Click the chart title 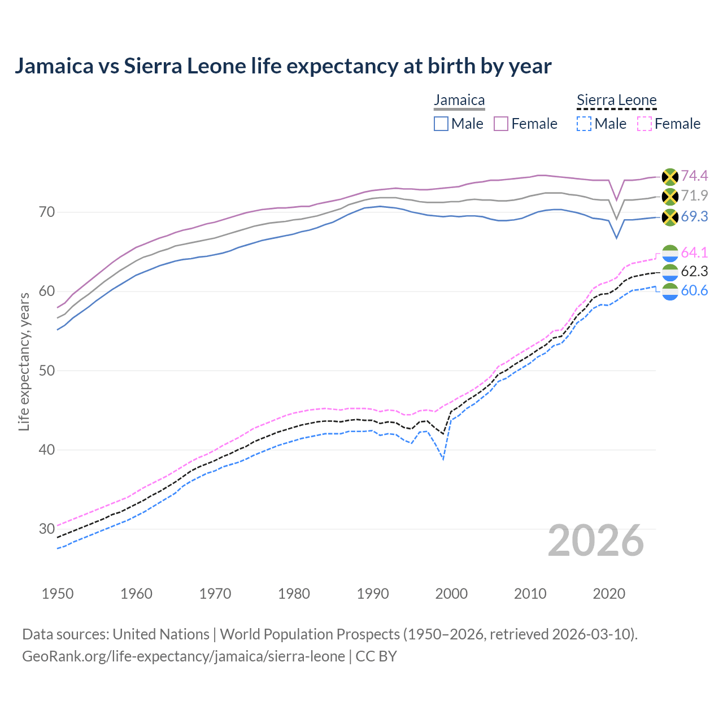pos(282,66)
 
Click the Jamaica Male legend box pos(441,124)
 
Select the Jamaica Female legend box pos(502,124)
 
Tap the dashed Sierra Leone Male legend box pos(584,124)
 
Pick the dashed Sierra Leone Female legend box pos(644,124)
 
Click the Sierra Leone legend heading pos(616,101)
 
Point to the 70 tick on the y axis pos(47,212)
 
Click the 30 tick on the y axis pos(47,529)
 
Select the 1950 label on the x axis pos(58,594)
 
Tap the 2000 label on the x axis pos(451,594)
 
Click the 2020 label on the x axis pos(609,594)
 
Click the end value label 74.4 pos(694,176)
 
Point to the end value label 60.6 pos(694,291)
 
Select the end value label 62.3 pos(694,272)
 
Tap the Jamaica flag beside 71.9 pos(669,197)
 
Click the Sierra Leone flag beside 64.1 pos(669,253)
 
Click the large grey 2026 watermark pos(595,541)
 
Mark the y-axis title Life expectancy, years pos(24,361)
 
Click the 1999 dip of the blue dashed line pos(443,459)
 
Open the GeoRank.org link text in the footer pos(184,656)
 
